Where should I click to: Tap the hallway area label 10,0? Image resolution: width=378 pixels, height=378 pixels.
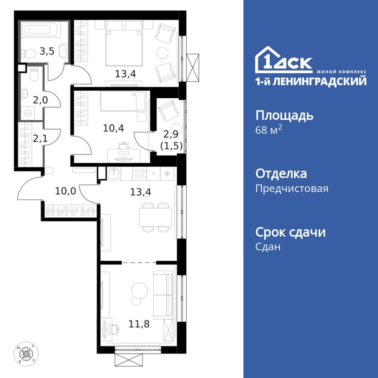[65, 191]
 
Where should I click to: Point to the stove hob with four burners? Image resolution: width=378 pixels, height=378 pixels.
[139, 174]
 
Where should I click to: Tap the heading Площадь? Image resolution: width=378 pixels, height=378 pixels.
[284, 115]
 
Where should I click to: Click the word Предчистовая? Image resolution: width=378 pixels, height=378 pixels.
[292, 188]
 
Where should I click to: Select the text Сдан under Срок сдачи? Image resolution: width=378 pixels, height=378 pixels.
[268, 247]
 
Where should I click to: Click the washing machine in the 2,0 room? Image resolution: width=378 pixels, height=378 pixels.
[29, 113]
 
